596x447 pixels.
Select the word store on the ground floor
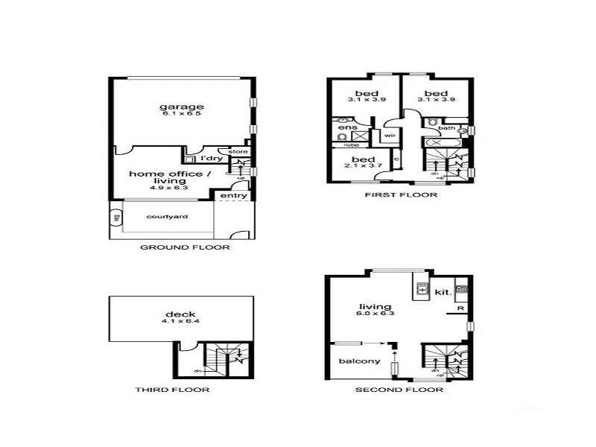(x=237, y=151)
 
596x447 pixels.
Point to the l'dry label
(x=211, y=159)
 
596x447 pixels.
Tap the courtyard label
(x=166, y=217)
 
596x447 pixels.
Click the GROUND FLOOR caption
(x=185, y=247)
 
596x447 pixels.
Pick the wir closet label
(x=389, y=136)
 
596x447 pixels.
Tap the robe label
(x=352, y=145)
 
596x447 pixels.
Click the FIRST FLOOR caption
(x=400, y=195)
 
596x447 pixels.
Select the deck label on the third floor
(x=180, y=314)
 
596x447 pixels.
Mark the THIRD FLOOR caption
(x=172, y=390)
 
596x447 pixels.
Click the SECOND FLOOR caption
(x=399, y=390)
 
